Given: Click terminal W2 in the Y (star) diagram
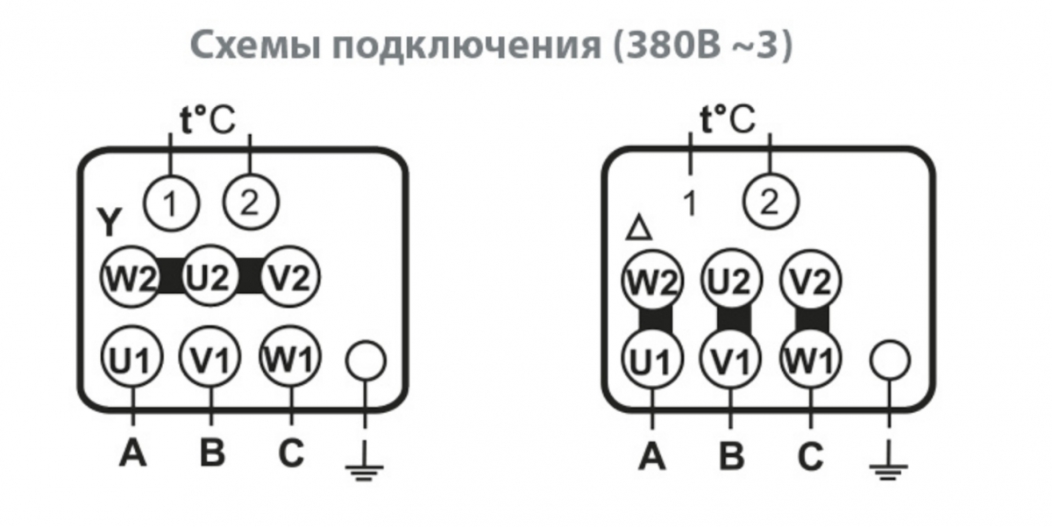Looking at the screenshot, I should coord(130,279).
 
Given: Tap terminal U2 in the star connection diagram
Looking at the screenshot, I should coord(209,279).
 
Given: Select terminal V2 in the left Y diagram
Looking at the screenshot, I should coord(290,279).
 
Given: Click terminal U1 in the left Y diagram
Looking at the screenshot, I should coord(131,359).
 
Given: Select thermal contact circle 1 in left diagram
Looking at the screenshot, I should coord(170,203).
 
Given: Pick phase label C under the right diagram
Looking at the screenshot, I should coord(811,457).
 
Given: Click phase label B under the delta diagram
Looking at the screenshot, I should coord(731,457).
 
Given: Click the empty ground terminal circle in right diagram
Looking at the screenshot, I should coord(889,360).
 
